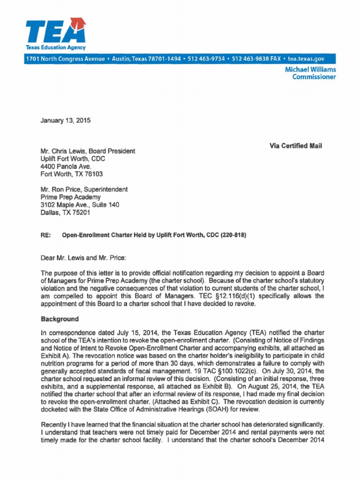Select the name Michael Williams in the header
(x=310, y=69)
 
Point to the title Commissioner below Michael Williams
(x=314, y=77)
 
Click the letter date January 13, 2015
(x=65, y=120)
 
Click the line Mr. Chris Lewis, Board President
(x=88, y=151)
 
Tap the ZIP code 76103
(x=93, y=174)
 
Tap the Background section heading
(x=60, y=319)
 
